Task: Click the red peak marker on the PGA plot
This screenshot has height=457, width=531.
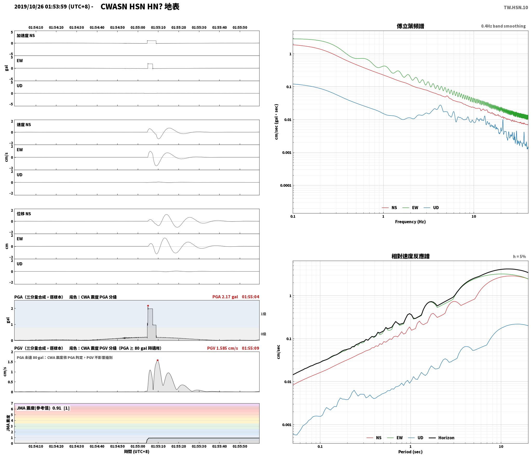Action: pyautogui.click(x=148, y=306)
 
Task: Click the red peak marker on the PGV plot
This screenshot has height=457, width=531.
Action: pyautogui.click(x=158, y=360)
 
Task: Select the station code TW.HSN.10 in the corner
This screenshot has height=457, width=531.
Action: pyautogui.click(x=516, y=8)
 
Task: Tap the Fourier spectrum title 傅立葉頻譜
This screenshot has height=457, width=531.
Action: pyautogui.click(x=410, y=26)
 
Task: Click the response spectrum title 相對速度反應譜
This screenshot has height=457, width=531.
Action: pyautogui.click(x=410, y=256)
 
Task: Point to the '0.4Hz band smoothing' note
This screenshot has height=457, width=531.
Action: pyautogui.click(x=503, y=26)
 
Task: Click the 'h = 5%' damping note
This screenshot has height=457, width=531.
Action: pyautogui.click(x=519, y=257)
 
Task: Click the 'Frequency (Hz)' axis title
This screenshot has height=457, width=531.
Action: pyautogui.click(x=410, y=221)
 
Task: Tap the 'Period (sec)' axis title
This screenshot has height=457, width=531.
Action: pyautogui.click(x=410, y=452)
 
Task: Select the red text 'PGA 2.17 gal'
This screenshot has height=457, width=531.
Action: pyautogui.click(x=225, y=297)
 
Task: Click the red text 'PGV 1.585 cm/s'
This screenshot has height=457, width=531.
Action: pyautogui.click(x=222, y=348)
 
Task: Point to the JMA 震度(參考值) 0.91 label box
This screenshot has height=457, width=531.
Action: pyautogui.click(x=43, y=408)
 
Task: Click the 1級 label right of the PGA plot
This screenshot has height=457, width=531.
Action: pyautogui.click(x=263, y=314)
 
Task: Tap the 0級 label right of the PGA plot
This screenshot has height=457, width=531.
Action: pyautogui.click(x=263, y=334)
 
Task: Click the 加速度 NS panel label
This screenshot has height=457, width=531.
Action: pyautogui.click(x=26, y=36)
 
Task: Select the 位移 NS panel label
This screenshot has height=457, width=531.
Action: pyautogui.click(x=24, y=214)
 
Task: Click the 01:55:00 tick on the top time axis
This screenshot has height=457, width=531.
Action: pyautogui.click(x=138, y=27)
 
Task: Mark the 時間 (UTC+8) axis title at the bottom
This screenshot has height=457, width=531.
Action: pyautogui.click(x=137, y=451)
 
